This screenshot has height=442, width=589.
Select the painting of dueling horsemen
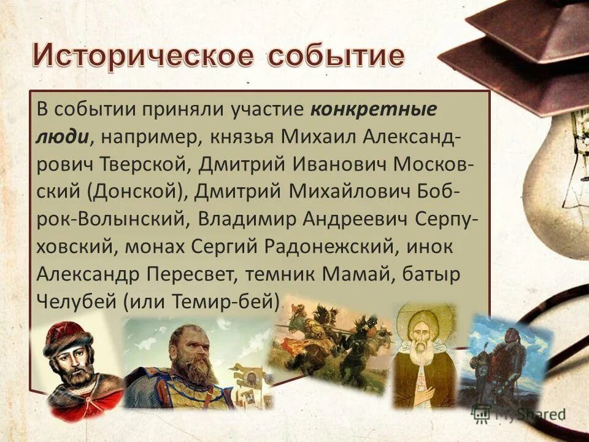(x=331, y=341)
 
